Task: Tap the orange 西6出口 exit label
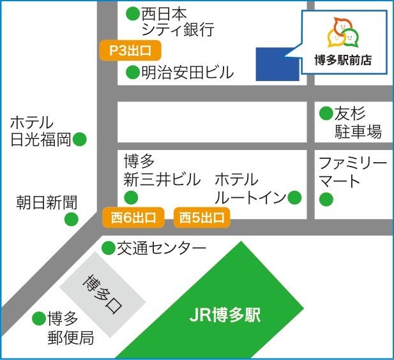point(133,218)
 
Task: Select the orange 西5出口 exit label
point(202,218)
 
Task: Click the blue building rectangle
point(278,64)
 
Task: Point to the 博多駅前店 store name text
point(343,61)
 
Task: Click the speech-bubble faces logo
point(344,33)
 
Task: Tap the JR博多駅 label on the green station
point(225,315)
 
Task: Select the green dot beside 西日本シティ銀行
point(132,13)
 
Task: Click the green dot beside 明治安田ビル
point(132,73)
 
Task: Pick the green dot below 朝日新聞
point(71,220)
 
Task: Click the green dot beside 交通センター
point(108,248)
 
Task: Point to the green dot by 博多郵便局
point(38,318)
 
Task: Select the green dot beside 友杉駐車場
point(326,114)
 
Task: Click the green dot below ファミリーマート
point(326,200)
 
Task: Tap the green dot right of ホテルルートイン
point(294,197)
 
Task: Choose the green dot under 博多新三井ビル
point(130,197)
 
